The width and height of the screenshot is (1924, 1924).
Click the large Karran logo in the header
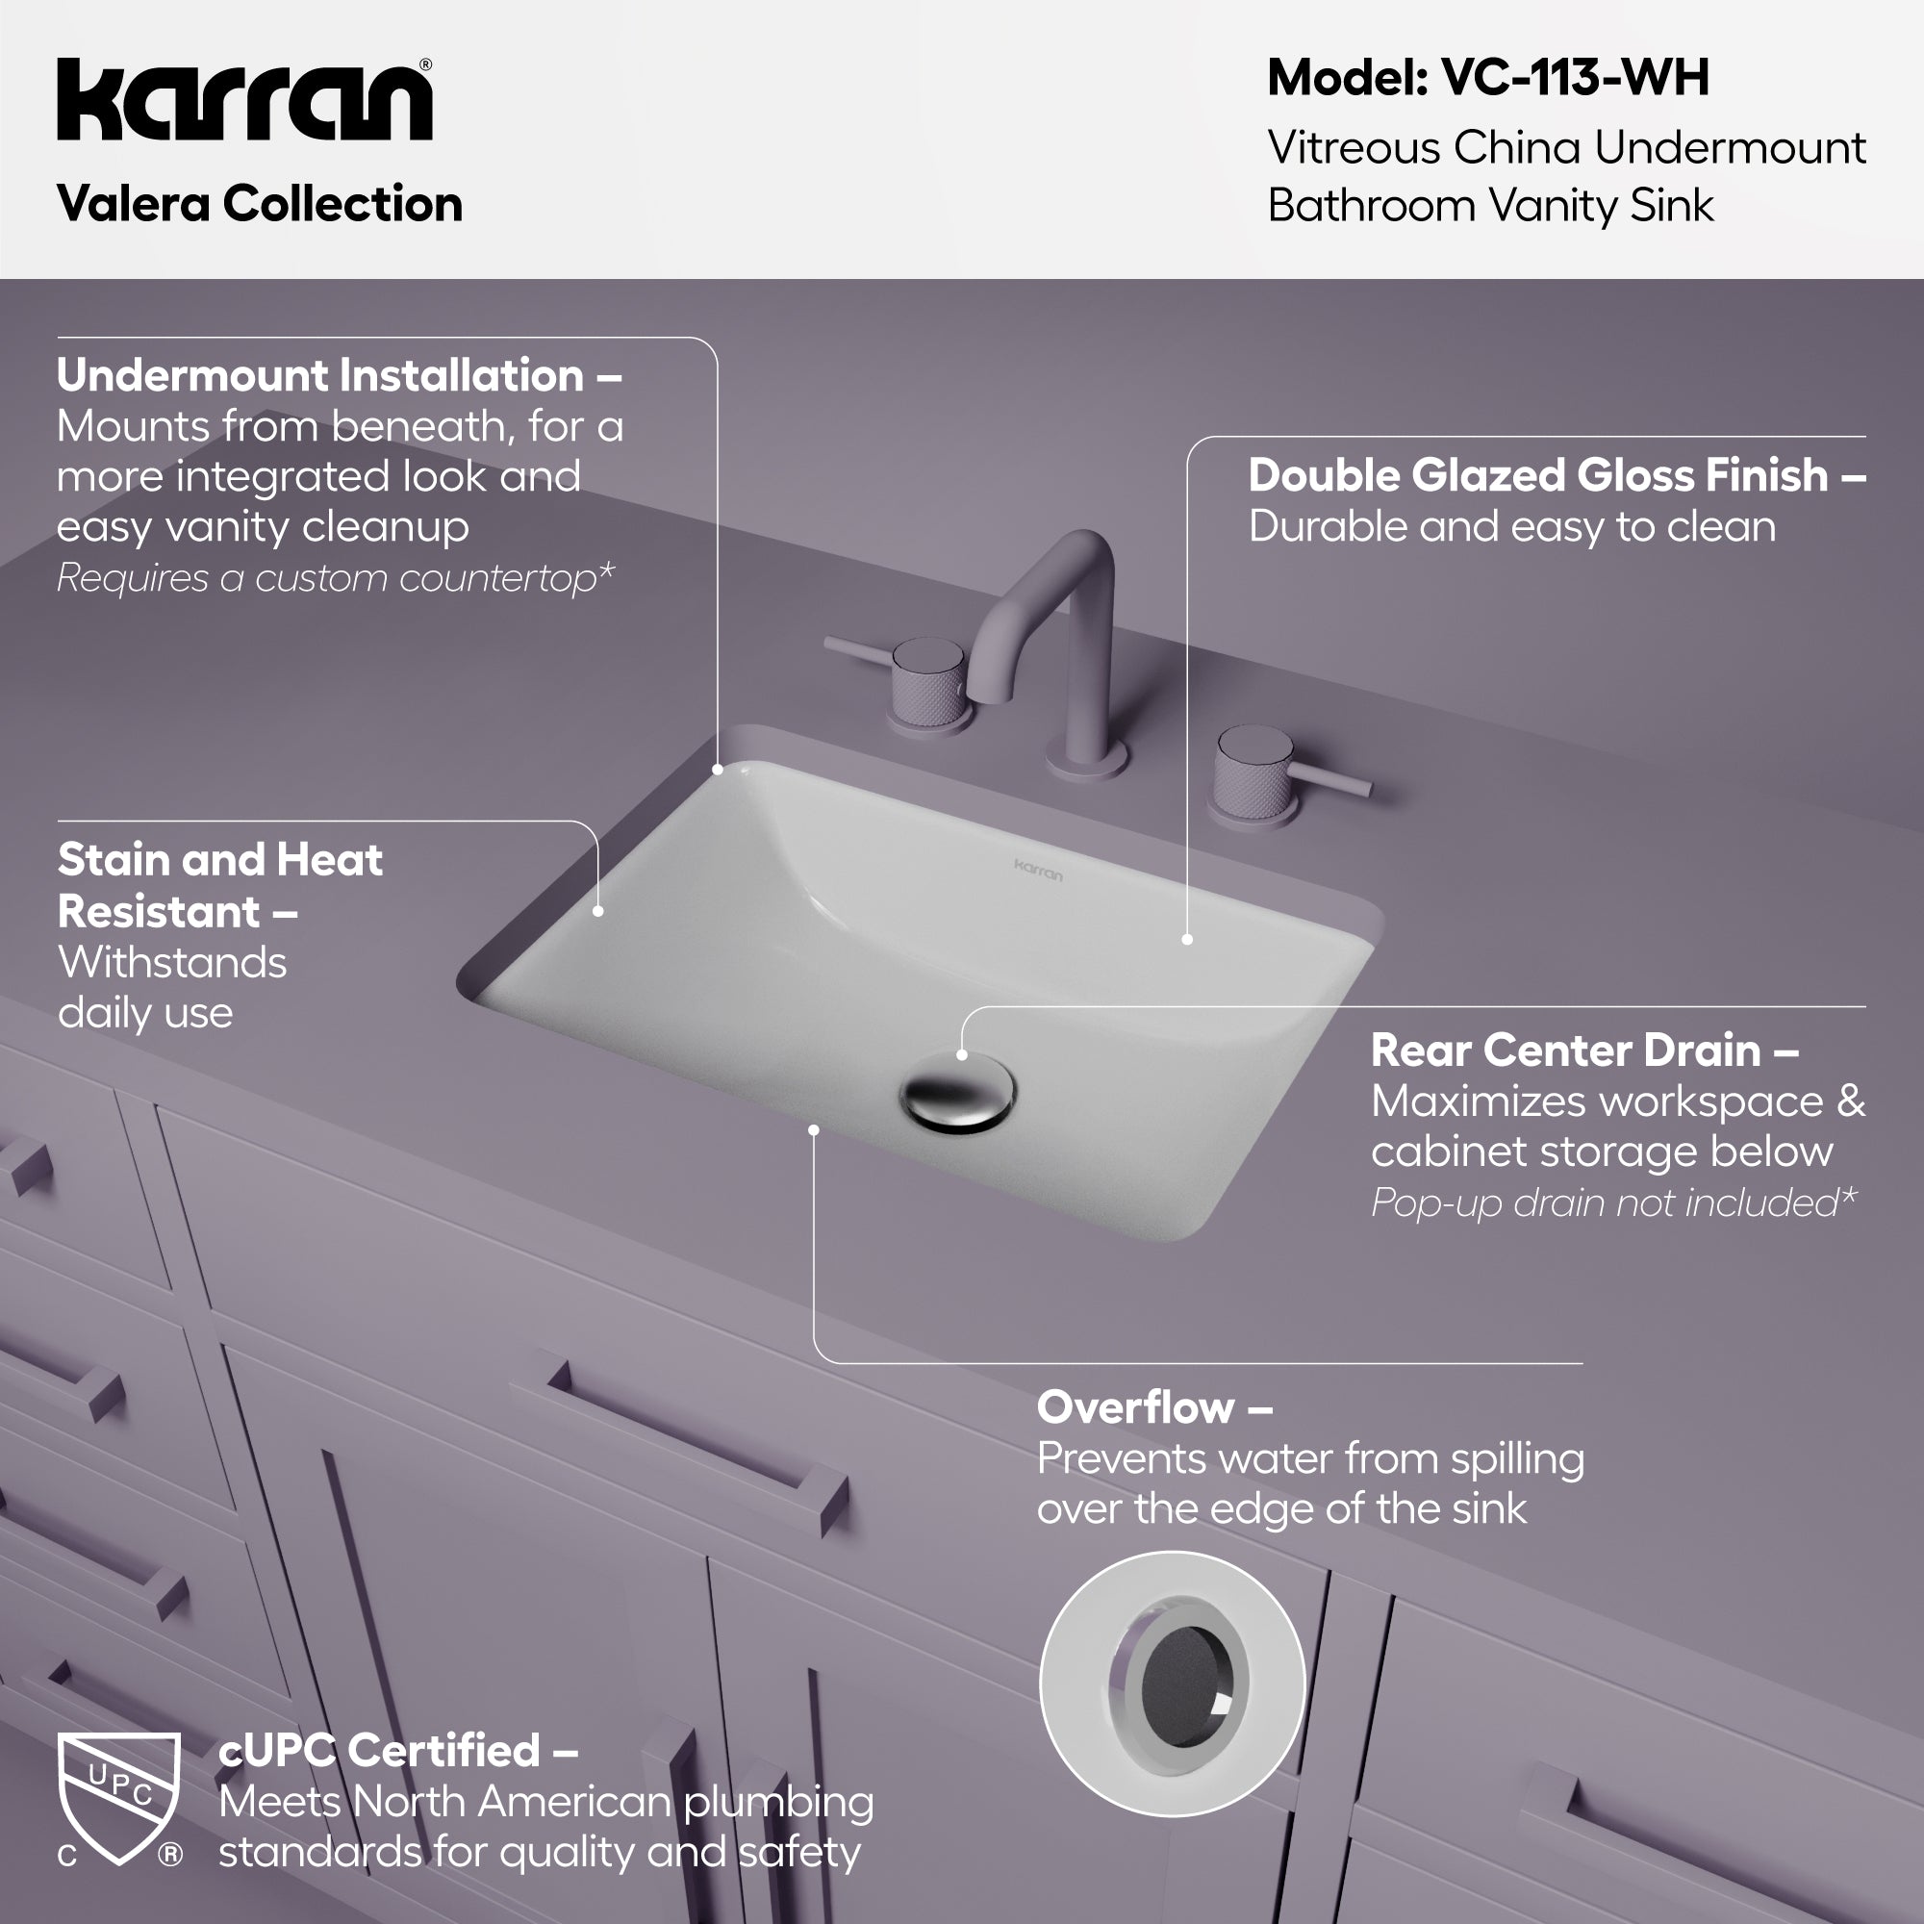(245, 100)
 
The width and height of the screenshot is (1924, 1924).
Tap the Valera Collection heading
(260, 204)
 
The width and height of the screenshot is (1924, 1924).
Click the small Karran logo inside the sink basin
(1038, 871)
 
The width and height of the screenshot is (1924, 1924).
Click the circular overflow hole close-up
(1172, 1683)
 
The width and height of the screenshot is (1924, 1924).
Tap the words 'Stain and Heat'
(220, 859)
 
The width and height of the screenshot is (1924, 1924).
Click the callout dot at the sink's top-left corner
(718, 770)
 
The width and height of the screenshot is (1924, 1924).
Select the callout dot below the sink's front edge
(814, 1130)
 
